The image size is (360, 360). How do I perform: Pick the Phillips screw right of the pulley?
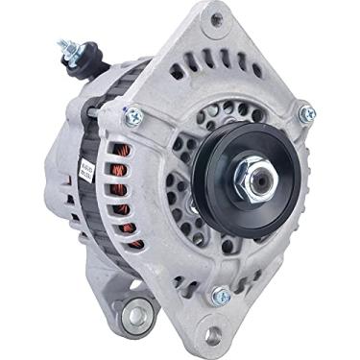click(306, 115)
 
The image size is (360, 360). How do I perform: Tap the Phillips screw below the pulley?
click(220, 296)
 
